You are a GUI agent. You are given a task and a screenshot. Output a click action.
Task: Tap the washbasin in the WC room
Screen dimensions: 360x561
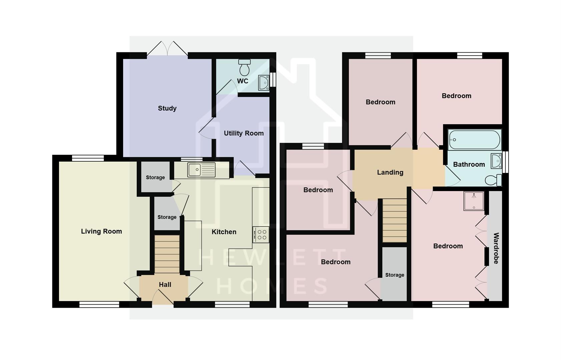(264, 83)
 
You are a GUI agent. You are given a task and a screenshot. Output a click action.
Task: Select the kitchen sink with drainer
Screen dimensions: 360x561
(201, 170)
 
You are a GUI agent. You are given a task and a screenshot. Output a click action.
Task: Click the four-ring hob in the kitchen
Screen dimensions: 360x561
(261, 234)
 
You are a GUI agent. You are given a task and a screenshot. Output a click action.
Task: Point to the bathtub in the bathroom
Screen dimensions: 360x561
(474, 139)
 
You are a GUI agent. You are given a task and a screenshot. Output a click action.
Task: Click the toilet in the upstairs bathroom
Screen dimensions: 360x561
(493, 180)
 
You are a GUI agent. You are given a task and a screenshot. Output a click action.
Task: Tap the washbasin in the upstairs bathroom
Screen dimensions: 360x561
(496, 161)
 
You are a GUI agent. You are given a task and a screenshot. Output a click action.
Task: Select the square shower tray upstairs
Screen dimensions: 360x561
(474, 201)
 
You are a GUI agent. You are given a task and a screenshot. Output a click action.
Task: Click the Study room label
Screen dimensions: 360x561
(167, 108)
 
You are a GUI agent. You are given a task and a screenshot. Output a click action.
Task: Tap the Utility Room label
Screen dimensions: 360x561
(243, 133)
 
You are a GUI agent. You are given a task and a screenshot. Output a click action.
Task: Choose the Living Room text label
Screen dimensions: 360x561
(101, 231)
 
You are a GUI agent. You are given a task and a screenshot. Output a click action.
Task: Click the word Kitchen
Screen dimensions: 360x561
(224, 232)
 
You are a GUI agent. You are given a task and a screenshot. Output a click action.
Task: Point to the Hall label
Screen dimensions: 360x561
(165, 285)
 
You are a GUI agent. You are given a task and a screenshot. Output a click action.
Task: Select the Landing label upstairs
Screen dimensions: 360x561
(390, 172)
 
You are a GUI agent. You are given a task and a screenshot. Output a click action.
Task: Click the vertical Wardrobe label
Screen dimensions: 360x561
(496, 248)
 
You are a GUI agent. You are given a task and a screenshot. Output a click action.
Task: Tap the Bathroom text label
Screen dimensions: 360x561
(469, 164)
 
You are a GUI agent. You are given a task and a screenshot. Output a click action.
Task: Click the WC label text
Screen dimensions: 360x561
(242, 81)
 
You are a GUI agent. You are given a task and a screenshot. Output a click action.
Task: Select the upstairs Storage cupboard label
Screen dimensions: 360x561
(395, 275)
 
